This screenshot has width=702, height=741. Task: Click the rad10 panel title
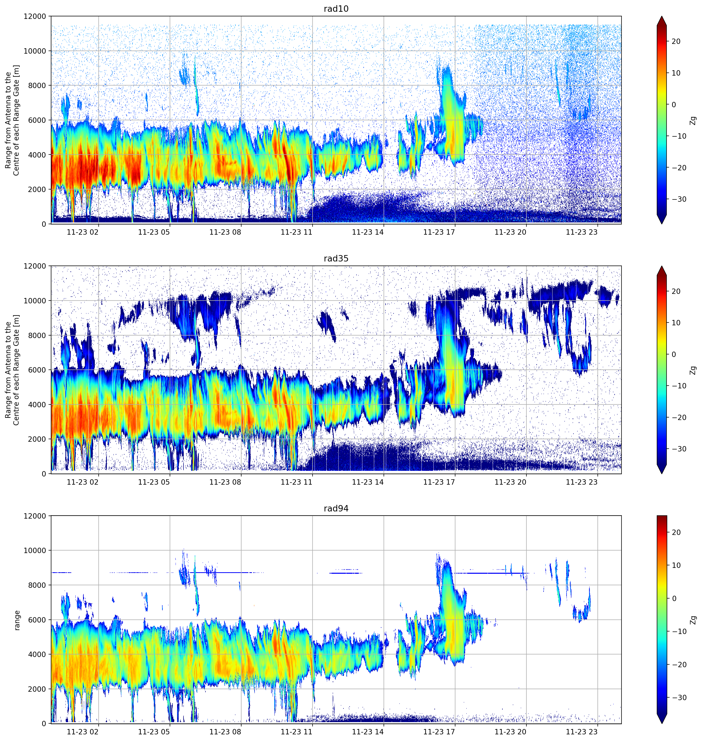point(336,9)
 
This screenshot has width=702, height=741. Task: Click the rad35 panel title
point(336,258)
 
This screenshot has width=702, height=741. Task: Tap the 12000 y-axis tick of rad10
point(35,16)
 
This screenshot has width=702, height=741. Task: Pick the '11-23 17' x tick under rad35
point(439,482)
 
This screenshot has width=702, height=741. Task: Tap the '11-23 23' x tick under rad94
point(582,732)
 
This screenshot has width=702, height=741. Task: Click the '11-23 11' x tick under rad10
point(296,232)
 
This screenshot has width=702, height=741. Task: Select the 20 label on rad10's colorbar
point(676,42)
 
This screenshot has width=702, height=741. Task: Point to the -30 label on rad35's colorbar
point(678,449)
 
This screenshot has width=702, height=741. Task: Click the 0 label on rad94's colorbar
point(674,599)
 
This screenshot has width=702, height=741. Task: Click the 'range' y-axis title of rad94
point(17,620)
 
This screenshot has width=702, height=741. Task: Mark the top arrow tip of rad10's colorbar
point(662,16)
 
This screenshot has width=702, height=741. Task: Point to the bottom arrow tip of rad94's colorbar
point(662,723)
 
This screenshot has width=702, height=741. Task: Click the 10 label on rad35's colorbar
point(676,323)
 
